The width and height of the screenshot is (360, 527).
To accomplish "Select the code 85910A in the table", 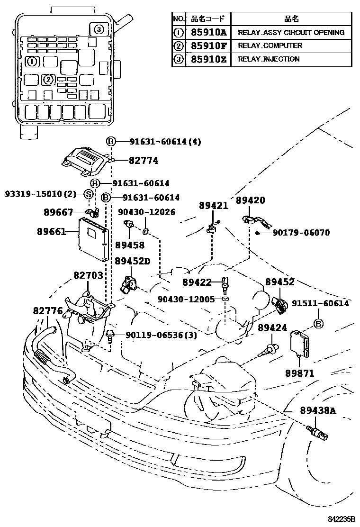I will point(209,33).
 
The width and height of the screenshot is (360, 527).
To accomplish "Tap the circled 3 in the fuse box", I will point(98,29).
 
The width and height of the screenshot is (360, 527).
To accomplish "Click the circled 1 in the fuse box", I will point(31,61).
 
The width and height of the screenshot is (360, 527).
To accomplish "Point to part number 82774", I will point(143,161).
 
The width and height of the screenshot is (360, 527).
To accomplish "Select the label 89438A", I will point(318,410).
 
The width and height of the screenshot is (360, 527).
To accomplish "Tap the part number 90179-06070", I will point(301,233).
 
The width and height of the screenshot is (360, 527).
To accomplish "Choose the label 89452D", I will point(133,262).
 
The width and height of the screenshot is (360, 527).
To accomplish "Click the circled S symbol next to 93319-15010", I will point(88,193).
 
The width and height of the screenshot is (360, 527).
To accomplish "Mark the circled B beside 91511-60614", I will point(319,324).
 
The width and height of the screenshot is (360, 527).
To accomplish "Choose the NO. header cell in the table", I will point(178,19).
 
